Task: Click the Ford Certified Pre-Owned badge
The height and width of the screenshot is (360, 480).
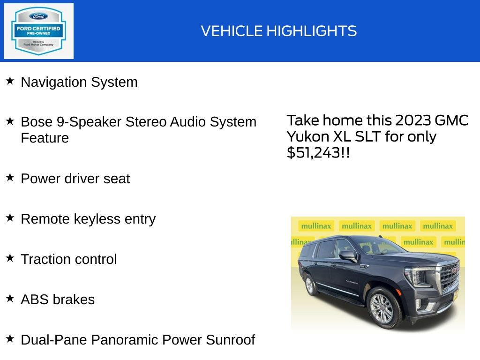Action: [38, 31]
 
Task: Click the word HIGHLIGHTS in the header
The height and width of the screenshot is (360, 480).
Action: [312, 31]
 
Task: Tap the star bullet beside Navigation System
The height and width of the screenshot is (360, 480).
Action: [10, 81]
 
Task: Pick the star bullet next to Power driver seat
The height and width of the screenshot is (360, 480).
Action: [10, 178]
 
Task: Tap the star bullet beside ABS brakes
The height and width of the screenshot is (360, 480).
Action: [10, 299]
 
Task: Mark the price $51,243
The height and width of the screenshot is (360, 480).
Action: [314, 152]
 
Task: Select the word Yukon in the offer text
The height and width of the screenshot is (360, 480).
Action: [307, 136]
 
